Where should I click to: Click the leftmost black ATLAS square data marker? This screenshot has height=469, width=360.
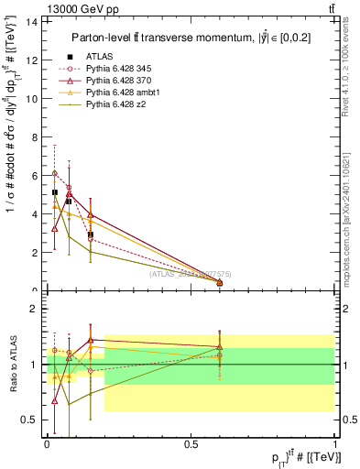point(55,193)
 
